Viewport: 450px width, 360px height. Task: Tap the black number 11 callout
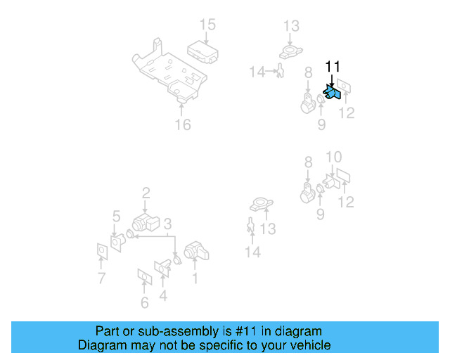(332, 67)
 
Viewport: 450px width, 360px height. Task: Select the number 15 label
(207, 25)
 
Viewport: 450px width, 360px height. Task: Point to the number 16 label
(182, 125)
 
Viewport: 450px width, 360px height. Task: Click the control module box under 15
(201, 49)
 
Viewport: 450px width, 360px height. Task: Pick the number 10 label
(334, 157)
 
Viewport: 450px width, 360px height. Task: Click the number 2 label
(146, 193)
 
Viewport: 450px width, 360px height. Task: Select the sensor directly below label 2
(146, 225)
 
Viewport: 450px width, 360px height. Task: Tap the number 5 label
(116, 216)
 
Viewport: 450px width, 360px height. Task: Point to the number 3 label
(167, 224)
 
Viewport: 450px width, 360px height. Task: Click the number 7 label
(101, 278)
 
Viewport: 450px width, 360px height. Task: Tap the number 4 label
(163, 295)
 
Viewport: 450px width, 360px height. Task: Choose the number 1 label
(195, 278)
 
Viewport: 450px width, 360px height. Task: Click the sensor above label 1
(195, 251)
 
